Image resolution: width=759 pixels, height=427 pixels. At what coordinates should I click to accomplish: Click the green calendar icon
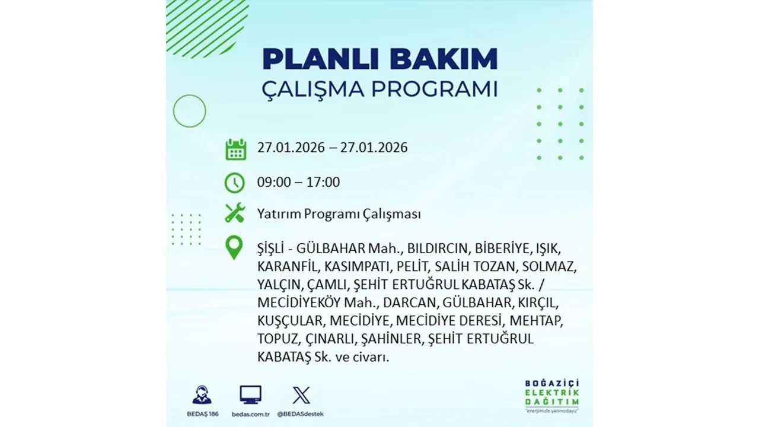(x=235, y=149)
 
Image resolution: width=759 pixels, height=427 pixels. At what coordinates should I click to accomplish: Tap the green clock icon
(x=235, y=183)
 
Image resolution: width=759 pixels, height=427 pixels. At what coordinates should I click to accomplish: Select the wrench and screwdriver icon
(x=235, y=213)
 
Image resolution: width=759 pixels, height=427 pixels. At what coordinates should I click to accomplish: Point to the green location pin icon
(x=235, y=248)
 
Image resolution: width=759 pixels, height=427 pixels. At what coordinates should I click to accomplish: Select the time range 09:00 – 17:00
(x=298, y=182)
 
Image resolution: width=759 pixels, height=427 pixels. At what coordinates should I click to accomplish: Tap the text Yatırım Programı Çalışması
(x=339, y=213)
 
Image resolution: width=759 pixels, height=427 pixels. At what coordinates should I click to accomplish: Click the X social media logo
(x=301, y=394)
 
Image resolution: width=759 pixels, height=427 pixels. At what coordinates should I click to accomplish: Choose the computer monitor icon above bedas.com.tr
(x=250, y=394)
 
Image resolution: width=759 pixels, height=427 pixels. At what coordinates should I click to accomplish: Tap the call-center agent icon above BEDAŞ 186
(x=202, y=395)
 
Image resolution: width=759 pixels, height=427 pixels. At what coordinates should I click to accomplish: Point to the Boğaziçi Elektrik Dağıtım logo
(x=551, y=394)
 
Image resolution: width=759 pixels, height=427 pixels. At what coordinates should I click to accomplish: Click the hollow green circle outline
(x=189, y=111)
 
